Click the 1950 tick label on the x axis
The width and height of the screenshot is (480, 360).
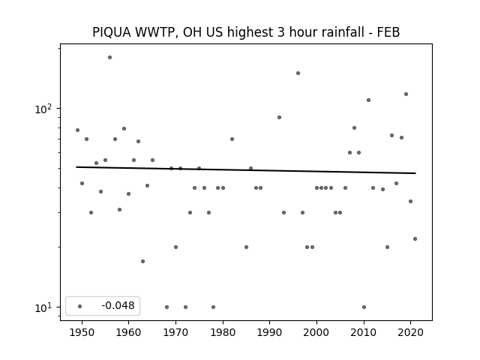pyautogui.click(x=82, y=332)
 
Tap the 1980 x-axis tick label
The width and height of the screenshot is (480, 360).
pyautogui.click(x=223, y=332)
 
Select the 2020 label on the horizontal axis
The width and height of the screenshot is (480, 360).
pyautogui.click(x=411, y=332)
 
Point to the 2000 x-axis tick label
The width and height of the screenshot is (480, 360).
pyautogui.click(x=316, y=332)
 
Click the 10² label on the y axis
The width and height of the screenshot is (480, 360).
pyautogui.click(x=43, y=109)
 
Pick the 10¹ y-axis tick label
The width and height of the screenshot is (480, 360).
pyautogui.click(x=43, y=307)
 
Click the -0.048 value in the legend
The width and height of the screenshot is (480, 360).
pyautogui.click(x=118, y=305)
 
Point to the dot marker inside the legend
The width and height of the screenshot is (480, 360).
pyautogui.click(x=80, y=306)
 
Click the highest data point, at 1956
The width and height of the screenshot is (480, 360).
pyautogui.click(x=110, y=58)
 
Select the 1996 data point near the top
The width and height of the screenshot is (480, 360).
pyautogui.click(x=298, y=73)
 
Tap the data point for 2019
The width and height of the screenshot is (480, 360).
pyautogui.click(x=406, y=94)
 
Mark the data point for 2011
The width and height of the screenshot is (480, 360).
pyautogui.click(x=368, y=100)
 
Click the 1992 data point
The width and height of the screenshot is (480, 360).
pyautogui.click(x=279, y=117)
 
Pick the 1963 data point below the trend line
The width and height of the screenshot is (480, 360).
pyautogui.click(x=143, y=262)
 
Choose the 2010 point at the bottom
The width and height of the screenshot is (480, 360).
pyautogui.click(x=364, y=307)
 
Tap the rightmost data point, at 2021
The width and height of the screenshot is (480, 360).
pyautogui.click(x=415, y=238)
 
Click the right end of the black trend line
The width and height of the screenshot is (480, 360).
pyautogui.click(x=415, y=173)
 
